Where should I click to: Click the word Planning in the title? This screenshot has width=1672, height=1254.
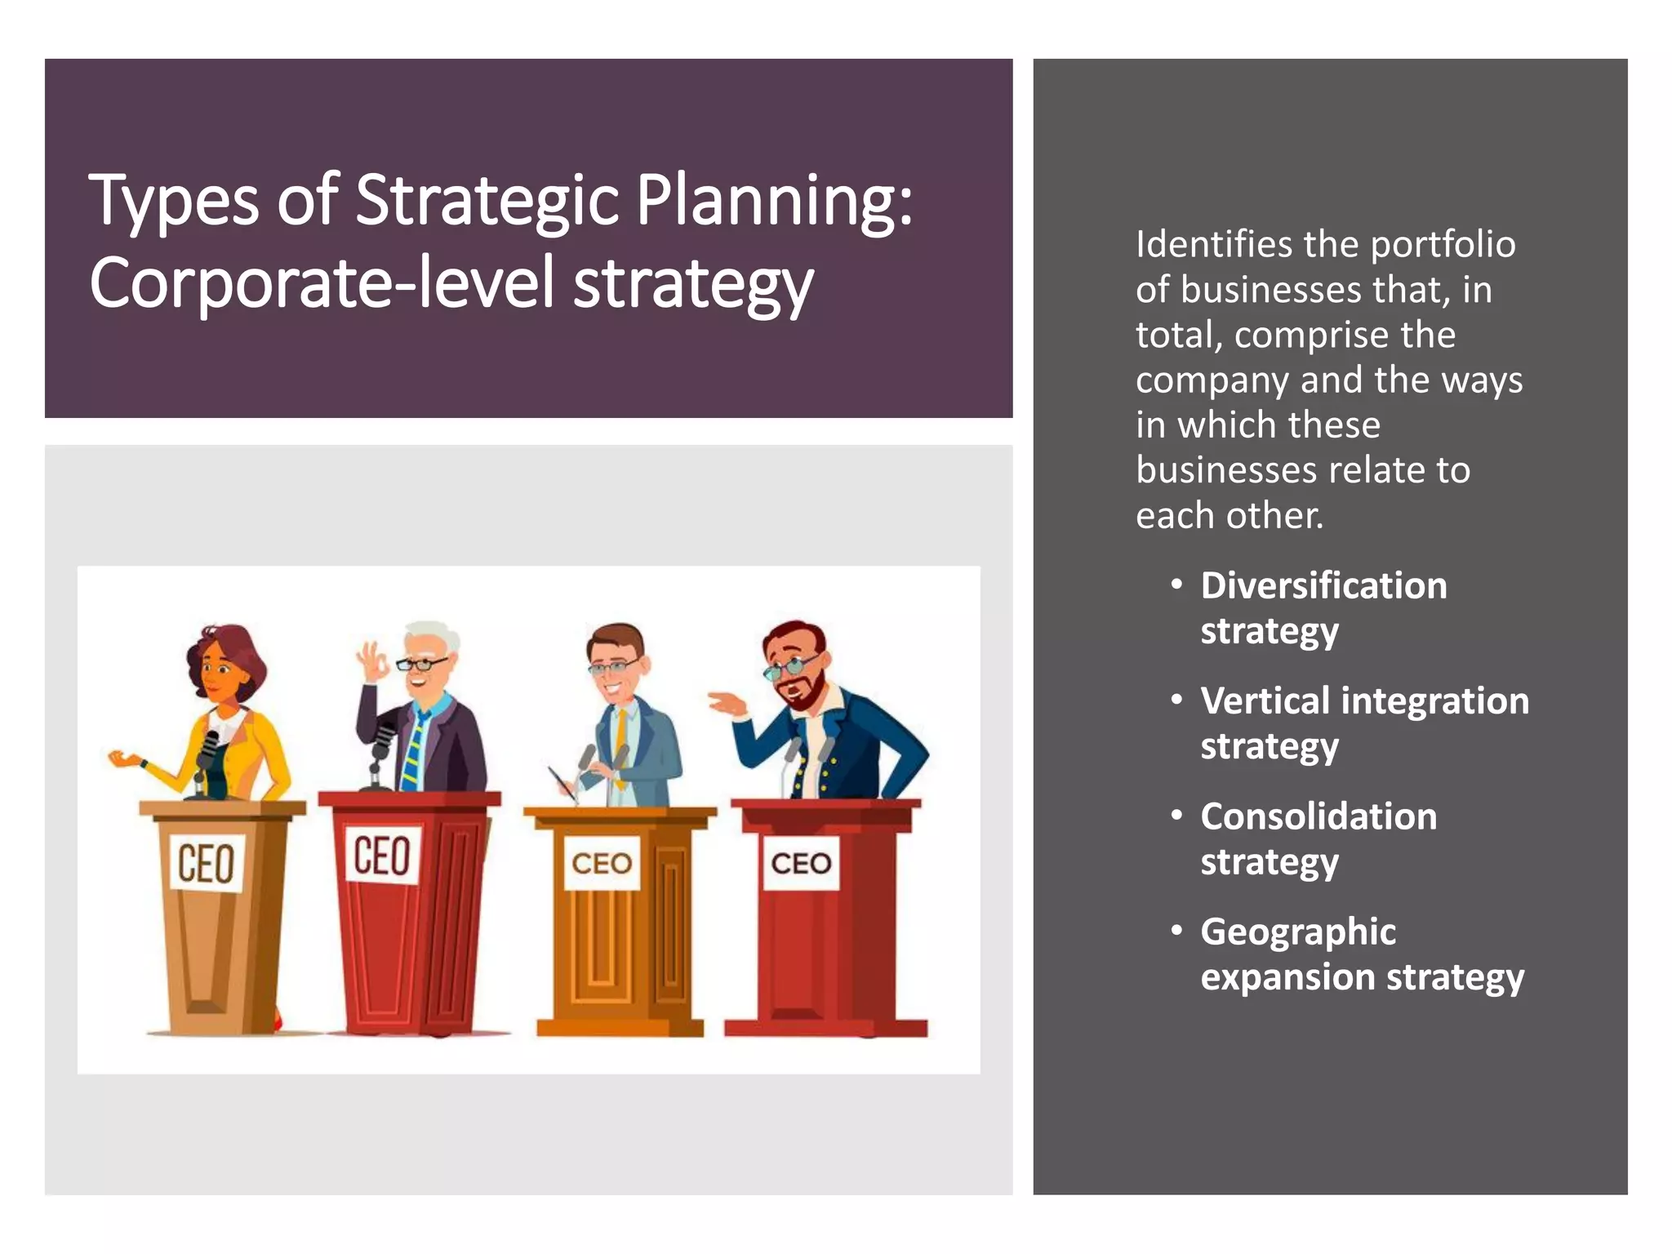[773, 201]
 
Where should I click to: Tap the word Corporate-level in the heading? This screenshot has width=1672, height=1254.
[322, 282]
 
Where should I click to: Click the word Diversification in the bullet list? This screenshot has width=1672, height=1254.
[1323, 585]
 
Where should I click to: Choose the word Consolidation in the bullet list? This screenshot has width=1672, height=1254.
[1318, 816]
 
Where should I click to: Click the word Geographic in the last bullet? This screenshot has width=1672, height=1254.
[1298, 932]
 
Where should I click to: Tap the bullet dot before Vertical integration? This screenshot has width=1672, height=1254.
[1176, 700]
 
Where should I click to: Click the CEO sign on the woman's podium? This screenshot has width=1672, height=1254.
[206, 862]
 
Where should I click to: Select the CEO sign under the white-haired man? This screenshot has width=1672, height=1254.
[382, 855]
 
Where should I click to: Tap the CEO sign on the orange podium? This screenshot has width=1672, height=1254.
[602, 863]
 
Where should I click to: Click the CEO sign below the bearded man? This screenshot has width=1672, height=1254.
[801, 863]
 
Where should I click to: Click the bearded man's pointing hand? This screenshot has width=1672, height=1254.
[727, 702]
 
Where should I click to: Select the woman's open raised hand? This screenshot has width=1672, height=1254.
[122, 759]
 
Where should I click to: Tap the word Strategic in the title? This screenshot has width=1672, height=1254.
[487, 201]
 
